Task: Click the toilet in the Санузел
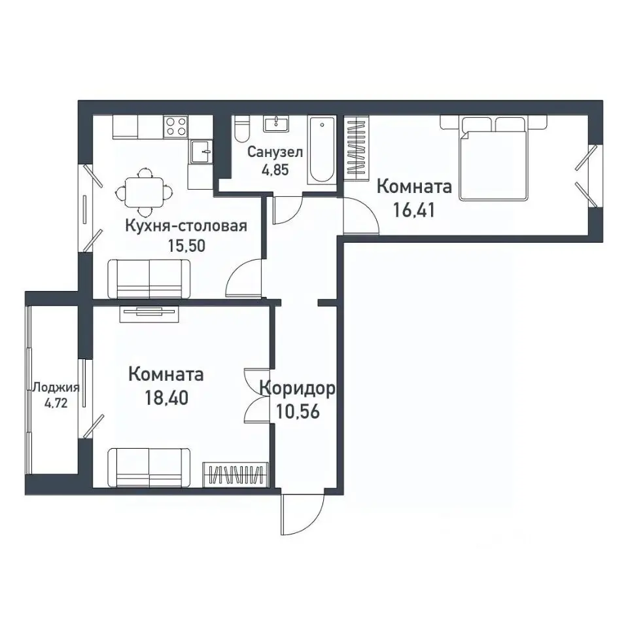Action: click(x=241, y=129)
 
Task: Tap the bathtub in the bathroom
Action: click(x=322, y=150)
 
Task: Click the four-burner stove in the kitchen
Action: click(x=176, y=126)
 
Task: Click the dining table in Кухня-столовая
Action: click(x=145, y=192)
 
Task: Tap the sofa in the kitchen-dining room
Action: click(x=149, y=279)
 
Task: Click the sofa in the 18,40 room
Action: click(x=149, y=467)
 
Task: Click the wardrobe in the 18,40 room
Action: click(x=235, y=475)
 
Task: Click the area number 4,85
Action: click(x=275, y=170)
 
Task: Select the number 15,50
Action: click(x=186, y=245)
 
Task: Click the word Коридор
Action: click(x=297, y=389)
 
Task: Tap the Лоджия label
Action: click(x=56, y=387)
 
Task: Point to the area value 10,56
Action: click(x=298, y=411)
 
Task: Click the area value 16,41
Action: click(x=413, y=209)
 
